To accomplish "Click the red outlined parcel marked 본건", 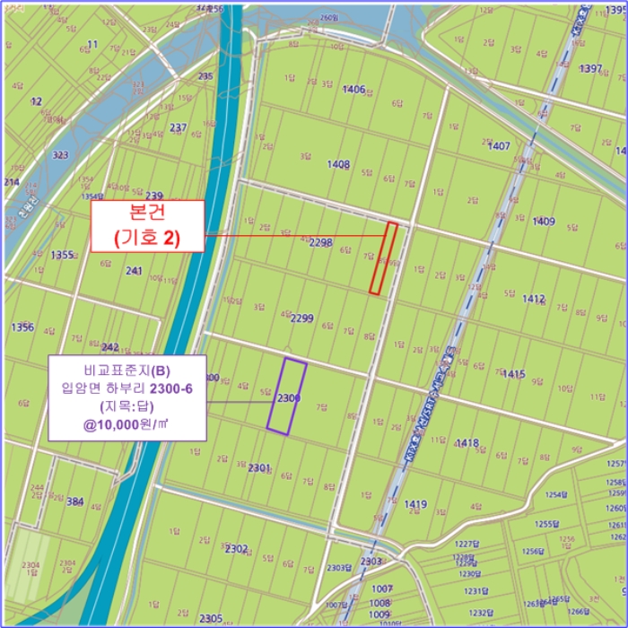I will pyautogui.click(x=384, y=257).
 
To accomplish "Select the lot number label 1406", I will pyautogui.click(x=353, y=89).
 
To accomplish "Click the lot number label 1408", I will pyautogui.click(x=338, y=164).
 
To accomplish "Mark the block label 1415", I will pyautogui.click(x=514, y=373).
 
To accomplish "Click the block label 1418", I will pyautogui.click(x=467, y=442).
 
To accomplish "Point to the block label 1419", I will pyautogui.click(x=415, y=504).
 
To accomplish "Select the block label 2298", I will pyautogui.click(x=320, y=242).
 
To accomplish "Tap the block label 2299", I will pyautogui.click(x=302, y=318).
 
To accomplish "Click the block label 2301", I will pyautogui.click(x=258, y=467).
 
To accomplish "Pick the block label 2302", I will pyautogui.click(x=236, y=547).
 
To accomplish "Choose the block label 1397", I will pyautogui.click(x=590, y=69).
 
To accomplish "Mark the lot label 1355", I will pyautogui.click(x=62, y=255).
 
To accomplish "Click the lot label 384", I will pyautogui.click(x=75, y=502).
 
